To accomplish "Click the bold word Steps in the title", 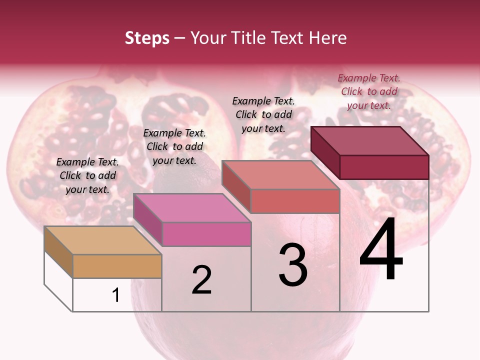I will point(147,38).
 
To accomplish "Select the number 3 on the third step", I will point(293,265).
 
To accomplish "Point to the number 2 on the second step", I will point(202,280).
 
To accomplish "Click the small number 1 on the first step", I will point(116,295).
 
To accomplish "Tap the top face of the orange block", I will point(103,240).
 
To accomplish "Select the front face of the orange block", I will point(117,266).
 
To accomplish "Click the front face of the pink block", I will point(206,234).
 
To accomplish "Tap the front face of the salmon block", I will point(295,201).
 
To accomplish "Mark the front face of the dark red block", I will point(384,167).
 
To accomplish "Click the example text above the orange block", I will point(87,175).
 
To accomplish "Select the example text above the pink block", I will point(174,146).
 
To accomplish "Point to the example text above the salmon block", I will point(263,114).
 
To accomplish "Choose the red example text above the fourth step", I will point(369,91).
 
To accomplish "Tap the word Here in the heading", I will point(328,38).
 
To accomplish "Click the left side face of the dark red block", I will point(325,152).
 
